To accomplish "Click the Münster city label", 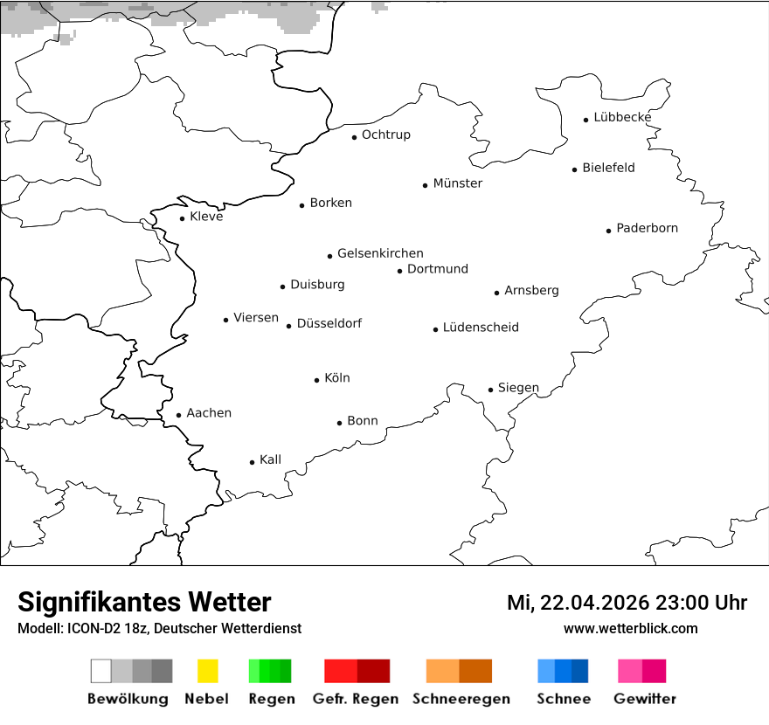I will [458, 183].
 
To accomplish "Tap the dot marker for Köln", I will [317, 380].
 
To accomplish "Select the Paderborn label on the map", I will [647, 229].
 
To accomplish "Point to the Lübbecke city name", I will [622, 117].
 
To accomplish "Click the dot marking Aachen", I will [178, 416].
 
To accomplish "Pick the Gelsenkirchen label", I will [380, 253].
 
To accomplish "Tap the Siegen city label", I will [518, 388].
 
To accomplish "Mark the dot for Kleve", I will [182, 218].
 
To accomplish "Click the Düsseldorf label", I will [329, 323].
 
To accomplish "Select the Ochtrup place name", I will [386, 135].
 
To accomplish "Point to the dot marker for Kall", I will [252, 462].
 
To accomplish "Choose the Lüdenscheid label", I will [481, 328].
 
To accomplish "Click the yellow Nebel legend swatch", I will [207, 671].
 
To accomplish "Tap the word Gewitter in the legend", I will [645, 699].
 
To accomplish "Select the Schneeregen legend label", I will [461, 699].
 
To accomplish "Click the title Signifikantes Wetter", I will [144, 602].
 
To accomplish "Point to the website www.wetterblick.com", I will [630, 628].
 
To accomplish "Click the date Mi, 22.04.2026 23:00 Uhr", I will [627, 603].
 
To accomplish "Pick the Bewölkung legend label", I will [128, 699].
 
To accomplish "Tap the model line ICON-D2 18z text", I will [159, 629].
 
